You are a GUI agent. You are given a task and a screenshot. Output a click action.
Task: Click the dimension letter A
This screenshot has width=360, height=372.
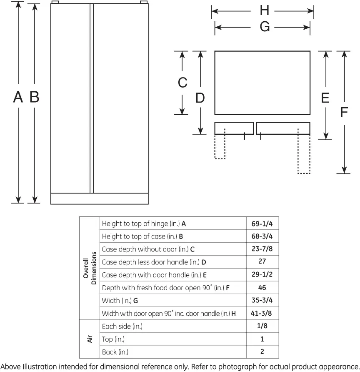tap(18, 97)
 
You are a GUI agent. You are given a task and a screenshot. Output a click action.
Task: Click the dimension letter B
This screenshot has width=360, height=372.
tap(34, 97)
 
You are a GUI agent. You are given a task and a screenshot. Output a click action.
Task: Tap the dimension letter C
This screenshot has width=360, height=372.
tap(182, 82)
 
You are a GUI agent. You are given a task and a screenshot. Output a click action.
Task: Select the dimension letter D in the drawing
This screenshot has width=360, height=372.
tap(200, 98)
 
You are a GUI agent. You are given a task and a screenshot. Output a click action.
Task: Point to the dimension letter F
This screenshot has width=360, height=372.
tap(344, 112)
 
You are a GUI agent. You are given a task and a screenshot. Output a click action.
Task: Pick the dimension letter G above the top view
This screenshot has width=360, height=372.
tap(265, 27)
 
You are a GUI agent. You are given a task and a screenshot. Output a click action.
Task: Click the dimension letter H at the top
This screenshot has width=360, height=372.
tap(265, 10)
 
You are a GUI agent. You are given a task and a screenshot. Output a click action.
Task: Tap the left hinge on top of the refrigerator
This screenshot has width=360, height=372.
tap(55, 2)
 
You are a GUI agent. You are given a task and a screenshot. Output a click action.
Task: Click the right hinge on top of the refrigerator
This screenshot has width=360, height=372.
tap(144, 2)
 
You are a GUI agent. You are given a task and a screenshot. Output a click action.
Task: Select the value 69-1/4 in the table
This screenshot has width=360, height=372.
tap(262, 224)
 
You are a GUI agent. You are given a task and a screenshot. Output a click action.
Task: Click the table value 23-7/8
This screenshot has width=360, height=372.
tap(262, 249)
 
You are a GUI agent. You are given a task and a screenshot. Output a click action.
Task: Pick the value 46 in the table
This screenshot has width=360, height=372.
tap(262, 287)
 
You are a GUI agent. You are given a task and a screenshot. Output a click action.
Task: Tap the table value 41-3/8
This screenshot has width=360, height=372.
tap(261, 313)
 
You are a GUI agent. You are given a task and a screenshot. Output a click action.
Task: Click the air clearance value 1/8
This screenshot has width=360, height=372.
tap(262, 326)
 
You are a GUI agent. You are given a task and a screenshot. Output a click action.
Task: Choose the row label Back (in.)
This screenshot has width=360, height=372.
tap(115, 352)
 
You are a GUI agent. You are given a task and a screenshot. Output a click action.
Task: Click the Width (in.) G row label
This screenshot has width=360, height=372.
tap(120, 301)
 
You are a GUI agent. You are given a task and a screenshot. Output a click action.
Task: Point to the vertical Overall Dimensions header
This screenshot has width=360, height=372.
tap(90, 268)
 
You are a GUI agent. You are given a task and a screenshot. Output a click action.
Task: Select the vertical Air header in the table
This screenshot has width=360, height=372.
tap(90, 339)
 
